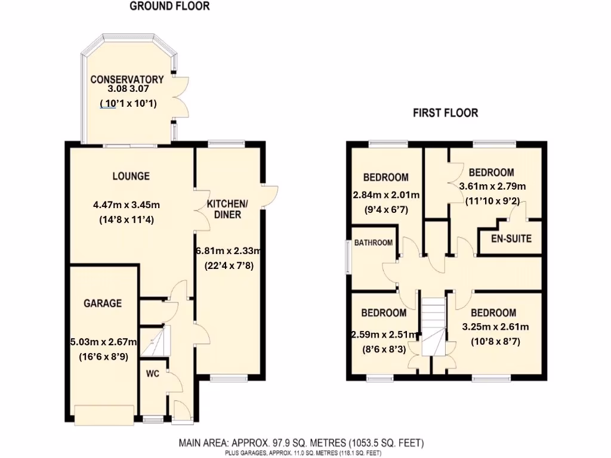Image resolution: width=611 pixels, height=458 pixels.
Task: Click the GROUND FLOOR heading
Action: (x=169, y=7)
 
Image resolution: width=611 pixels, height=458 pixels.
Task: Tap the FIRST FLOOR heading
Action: (x=446, y=113)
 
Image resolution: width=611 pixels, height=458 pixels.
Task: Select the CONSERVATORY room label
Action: (x=127, y=79)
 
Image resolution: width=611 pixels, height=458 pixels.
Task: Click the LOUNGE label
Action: (x=131, y=177)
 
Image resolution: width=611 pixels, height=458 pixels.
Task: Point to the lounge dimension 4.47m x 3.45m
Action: (x=126, y=205)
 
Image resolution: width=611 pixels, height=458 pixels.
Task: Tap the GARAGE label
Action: (x=102, y=303)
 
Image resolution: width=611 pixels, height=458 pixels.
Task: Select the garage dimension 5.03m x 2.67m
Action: (x=104, y=342)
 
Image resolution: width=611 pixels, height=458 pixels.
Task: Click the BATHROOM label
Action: (x=374, y=243)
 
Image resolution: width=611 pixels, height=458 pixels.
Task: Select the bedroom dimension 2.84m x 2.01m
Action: (x=386, y=194)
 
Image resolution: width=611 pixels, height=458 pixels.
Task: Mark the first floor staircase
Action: (x=434, y=325)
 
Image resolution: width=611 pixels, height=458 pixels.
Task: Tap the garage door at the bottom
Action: (x=104, y=416)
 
